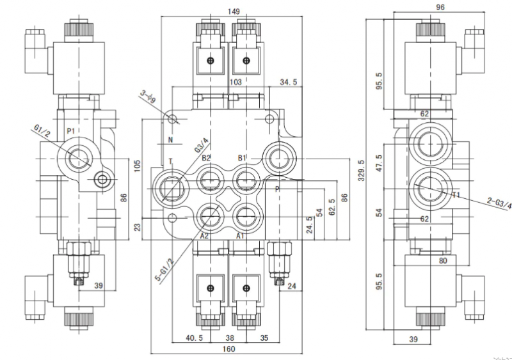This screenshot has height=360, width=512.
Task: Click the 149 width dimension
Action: tap(234, 12)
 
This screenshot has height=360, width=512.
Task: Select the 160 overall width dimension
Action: tap(228, 349)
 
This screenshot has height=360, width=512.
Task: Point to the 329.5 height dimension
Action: tap(362, 170)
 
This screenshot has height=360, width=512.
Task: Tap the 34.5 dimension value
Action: tap(289, 82)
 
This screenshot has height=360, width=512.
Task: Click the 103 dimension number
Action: tap(236, 82)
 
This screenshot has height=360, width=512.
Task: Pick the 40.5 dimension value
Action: tap(195, 338)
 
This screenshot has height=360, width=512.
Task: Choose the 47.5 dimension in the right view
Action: tap(379, 163)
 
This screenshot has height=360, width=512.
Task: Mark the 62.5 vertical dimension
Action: tap(332, 207)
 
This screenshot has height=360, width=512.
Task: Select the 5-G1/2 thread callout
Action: tap(164, 270)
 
